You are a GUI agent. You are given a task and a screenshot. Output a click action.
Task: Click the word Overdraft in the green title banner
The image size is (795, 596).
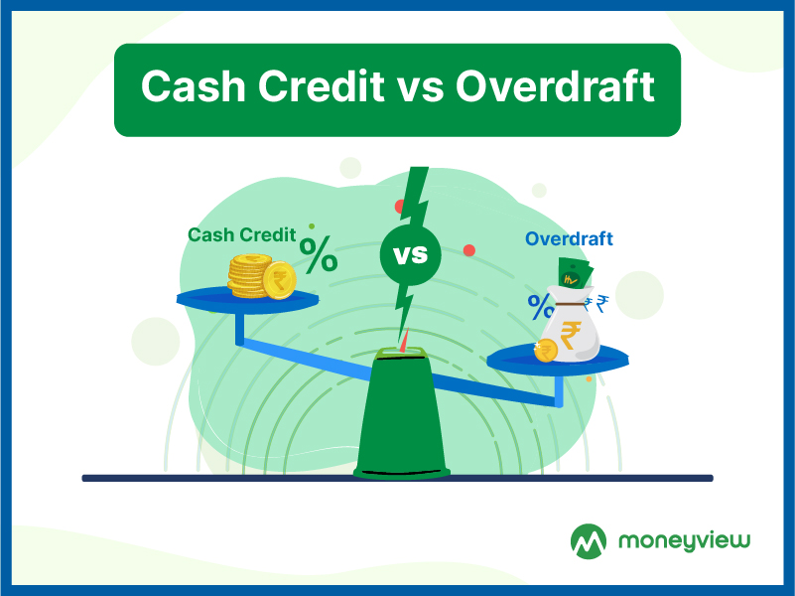click(555, 85)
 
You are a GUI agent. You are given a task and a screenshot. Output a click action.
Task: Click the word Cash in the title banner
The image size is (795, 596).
click(194, 85)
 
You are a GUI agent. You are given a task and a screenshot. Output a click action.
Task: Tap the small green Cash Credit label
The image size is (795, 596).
click(242, 234)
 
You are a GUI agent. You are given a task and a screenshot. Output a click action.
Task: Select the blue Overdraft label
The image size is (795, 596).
click(569, 238)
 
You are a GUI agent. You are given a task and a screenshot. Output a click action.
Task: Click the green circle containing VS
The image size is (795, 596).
click(410, 254)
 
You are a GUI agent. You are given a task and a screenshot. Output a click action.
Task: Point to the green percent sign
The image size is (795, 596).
click(319, 254)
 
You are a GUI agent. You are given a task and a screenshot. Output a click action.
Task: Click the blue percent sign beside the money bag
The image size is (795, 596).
click(541, 307)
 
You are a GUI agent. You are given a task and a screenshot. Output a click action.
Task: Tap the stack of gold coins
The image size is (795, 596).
click(261, 276)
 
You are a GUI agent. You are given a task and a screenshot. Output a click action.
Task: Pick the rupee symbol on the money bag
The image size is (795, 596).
click(571, 336)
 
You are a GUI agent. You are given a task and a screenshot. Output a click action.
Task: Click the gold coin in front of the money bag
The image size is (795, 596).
click(546, 351)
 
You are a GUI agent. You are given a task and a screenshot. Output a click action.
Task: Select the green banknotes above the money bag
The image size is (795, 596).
click(575, 273)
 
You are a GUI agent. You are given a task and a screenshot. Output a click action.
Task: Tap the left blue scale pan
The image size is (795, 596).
click(247, 300)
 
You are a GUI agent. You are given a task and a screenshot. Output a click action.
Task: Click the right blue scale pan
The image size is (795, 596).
click(558, 361)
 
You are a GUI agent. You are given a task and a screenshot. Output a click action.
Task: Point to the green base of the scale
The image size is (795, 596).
click(402, 413)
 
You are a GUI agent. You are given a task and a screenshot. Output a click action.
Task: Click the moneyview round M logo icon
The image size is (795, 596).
click(589, 541)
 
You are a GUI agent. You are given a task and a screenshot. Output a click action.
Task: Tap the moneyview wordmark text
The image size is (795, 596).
click(684, 541)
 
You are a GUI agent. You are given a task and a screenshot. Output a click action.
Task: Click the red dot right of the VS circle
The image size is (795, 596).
click(469, 250)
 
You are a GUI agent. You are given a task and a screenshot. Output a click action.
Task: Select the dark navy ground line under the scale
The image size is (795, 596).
click(397, 478)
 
